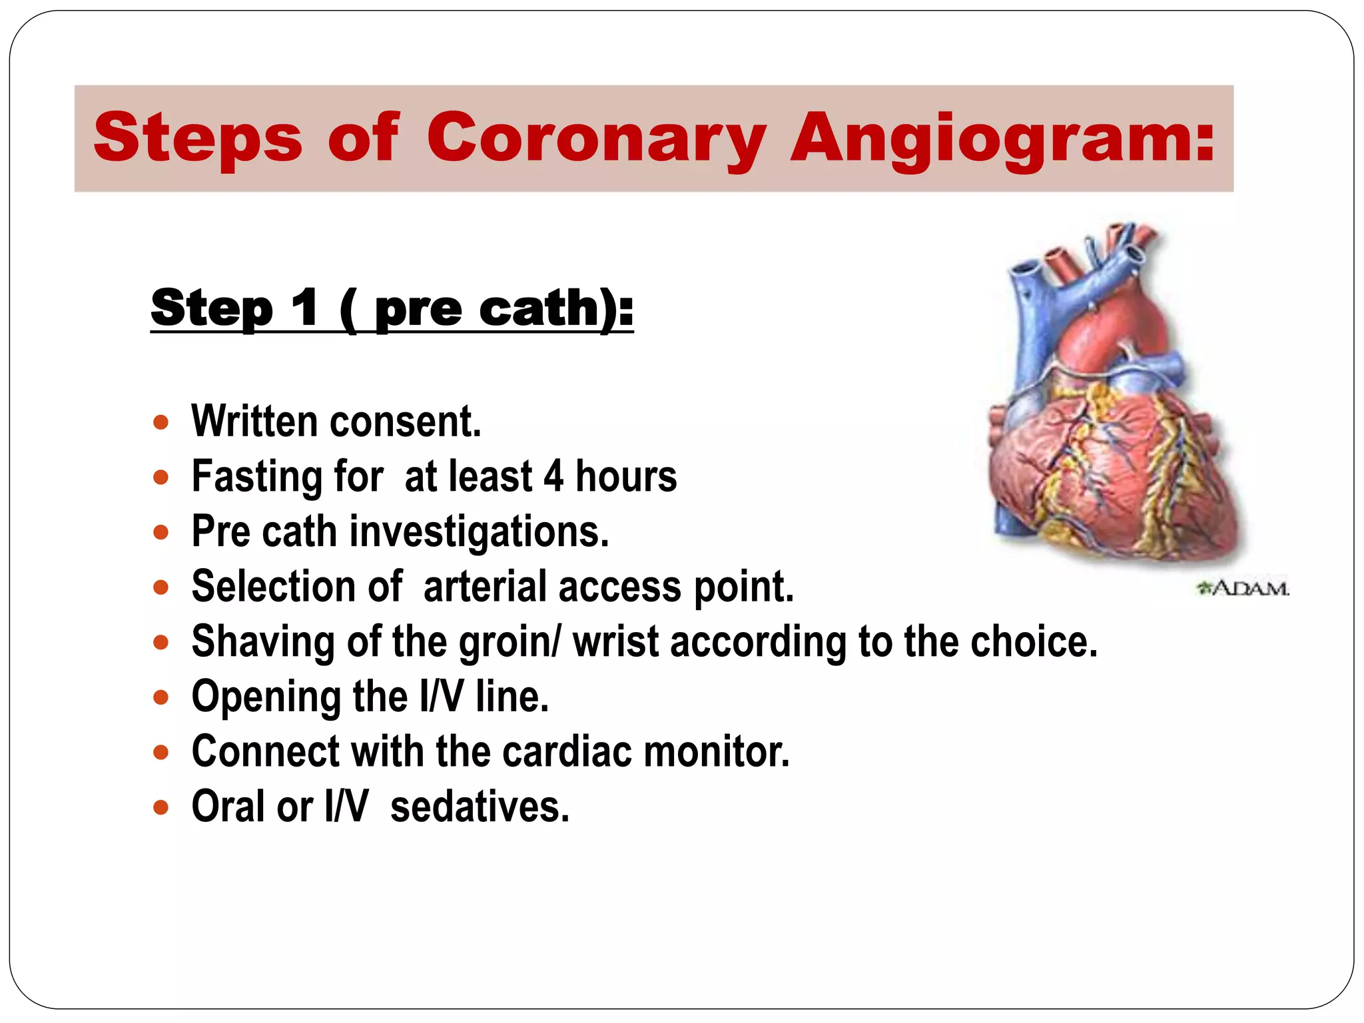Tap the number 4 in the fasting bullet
pos(553,476)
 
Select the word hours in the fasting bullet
pos(626,476)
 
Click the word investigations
pos(480,532)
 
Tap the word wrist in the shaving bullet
pos(617,642)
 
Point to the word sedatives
pos(480,807)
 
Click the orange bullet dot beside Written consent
pos(161,422)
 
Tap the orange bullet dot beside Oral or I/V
pos(161,808)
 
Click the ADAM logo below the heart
pos(1243,589)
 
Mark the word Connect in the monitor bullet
pos(265,752)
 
